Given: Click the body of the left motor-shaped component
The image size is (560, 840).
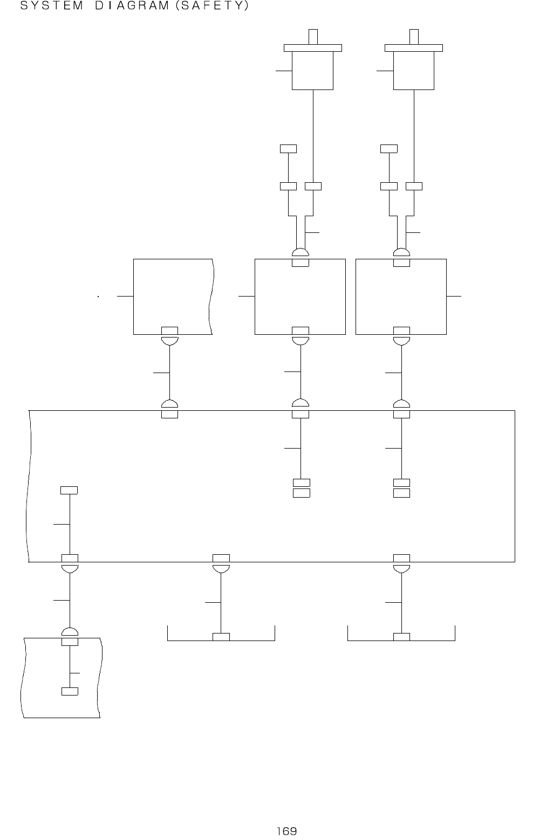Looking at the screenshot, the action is tap(312, 70).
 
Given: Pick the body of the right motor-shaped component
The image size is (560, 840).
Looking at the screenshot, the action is tap(413, 70).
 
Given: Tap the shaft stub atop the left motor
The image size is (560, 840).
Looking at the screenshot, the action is tap(313, 37).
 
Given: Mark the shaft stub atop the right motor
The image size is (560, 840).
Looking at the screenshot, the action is tap(414, 37).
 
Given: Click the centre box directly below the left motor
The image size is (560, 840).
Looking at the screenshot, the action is tap(299, 297).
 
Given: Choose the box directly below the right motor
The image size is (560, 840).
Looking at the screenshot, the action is tap(401, 297).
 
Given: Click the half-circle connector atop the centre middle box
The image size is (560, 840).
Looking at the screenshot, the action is tap(300, 253).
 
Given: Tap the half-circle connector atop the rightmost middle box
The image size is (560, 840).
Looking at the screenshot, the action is tap(401, 253).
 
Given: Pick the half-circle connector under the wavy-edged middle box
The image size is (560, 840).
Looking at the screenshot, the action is tap(169, 340).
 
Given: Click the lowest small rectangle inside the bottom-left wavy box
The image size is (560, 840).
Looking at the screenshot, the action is tap(70, 692).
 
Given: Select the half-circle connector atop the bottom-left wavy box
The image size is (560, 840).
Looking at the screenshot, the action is tap(70, 632).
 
